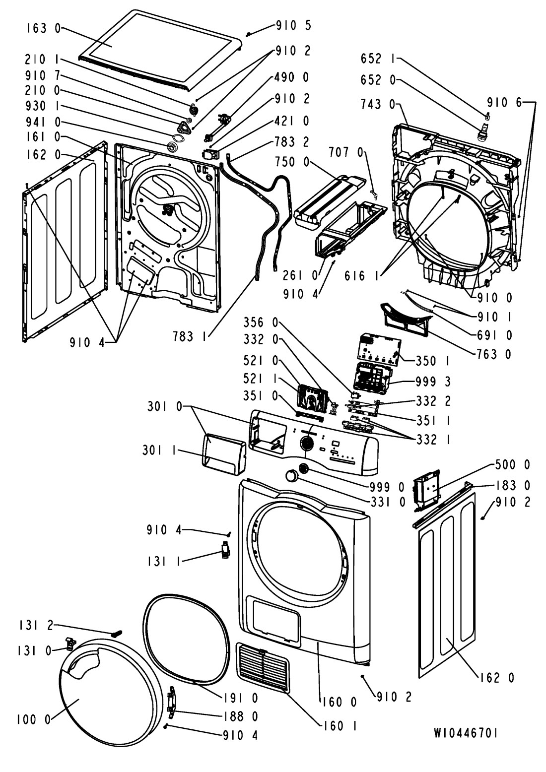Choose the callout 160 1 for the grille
341,726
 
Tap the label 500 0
513,465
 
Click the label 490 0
292,77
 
